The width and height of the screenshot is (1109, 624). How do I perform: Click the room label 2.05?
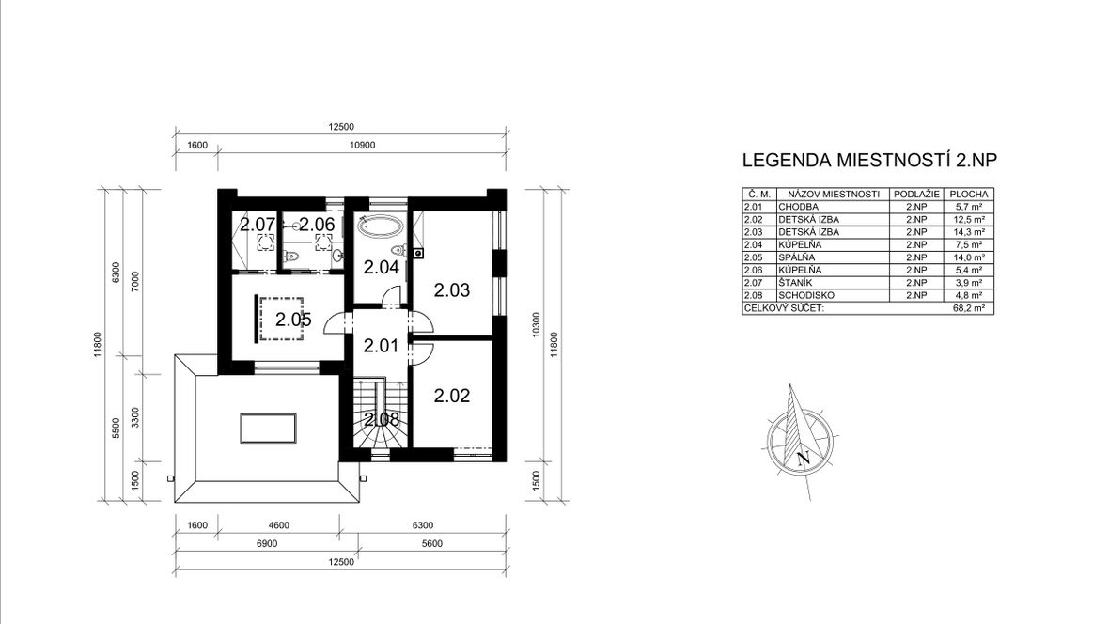[x=293, y=320]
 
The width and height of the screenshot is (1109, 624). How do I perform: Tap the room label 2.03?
[x=452, y=290]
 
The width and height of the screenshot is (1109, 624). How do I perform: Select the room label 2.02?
[x=452, y=396]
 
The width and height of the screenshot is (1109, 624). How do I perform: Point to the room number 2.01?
[x=382, y=346]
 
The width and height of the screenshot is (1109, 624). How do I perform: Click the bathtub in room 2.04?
[x=382, y=226]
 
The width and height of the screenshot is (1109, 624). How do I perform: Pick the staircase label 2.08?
[x=382, y=419]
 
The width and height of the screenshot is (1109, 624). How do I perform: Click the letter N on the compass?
[x=802, y=458]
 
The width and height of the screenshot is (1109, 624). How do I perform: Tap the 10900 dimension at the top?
[x=362, y=145]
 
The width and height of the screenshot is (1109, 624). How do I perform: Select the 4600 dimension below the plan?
[x=279, y=525]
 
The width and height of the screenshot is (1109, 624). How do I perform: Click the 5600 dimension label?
[x=431, y=543]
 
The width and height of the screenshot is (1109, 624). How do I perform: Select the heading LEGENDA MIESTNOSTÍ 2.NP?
[x=869, y=160]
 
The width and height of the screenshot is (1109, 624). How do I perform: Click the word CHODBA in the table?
[x=799, y=207]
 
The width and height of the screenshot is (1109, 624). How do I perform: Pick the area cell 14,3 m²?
[x=968, y=232]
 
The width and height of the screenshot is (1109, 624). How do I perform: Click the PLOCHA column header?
[x=968, y=194]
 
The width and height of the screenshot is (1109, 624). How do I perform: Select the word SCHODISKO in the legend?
[x=806, y=296]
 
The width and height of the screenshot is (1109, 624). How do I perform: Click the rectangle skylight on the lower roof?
[x=268, y=428]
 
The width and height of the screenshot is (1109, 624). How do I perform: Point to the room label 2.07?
[x=257, y=225]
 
